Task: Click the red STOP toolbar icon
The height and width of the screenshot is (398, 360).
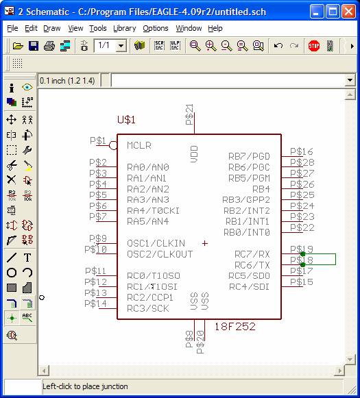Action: click(314, 46)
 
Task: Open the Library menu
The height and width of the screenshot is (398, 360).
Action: click(125, 29)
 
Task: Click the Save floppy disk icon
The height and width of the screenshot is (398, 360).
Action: click(34, 46)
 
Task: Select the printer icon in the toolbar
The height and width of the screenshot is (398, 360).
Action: click(49, 46)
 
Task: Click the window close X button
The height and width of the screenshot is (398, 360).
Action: click(348, 12)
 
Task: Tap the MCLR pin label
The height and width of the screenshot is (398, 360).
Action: click(139, 145)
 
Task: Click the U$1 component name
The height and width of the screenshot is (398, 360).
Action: click(126, 120)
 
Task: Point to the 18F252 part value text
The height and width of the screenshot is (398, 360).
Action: click(235, 327)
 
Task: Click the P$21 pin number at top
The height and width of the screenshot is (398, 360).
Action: click(189, 114)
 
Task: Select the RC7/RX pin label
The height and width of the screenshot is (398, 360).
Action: click(252, 254)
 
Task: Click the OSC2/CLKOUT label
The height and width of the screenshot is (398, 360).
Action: click(160, 254)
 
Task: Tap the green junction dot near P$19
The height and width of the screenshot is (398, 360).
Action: click(302, 254)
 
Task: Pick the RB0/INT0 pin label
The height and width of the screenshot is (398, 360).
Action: click(246, 232)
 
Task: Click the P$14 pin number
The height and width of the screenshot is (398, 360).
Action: click(95, 303)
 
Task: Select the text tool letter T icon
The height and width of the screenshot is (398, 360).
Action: click(27, 258)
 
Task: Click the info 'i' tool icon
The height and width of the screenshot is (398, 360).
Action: click(12, 88)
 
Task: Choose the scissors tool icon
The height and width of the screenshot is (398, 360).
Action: click(12, 166)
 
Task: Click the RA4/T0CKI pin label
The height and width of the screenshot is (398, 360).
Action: click(153, 211)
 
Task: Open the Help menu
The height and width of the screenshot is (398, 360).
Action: click(215, 29)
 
